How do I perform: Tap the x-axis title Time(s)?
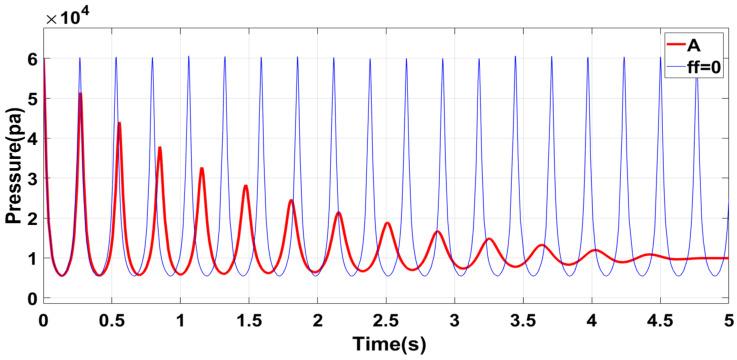pyautogui.click(x=385, y=345)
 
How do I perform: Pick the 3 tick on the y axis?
pyautogui.click(x=31, y=179)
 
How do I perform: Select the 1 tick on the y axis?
pyautogui.click(x=31, y=258)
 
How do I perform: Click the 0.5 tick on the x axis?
pyautogui.click(x=111, y=320)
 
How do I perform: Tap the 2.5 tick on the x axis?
pyautogui.click(x=386, y=320)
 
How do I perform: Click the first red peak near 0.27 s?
pyautogui.click(x=80, y=94)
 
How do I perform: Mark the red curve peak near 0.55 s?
pyautogui.click(x=119, y=124)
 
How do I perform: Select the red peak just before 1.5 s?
pyautogui.click(x=245, y=186)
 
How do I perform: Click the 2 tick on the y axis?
pyautogui.click(x=31, y=218)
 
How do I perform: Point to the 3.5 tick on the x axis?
pyautogui.click(x=523, y=320)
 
